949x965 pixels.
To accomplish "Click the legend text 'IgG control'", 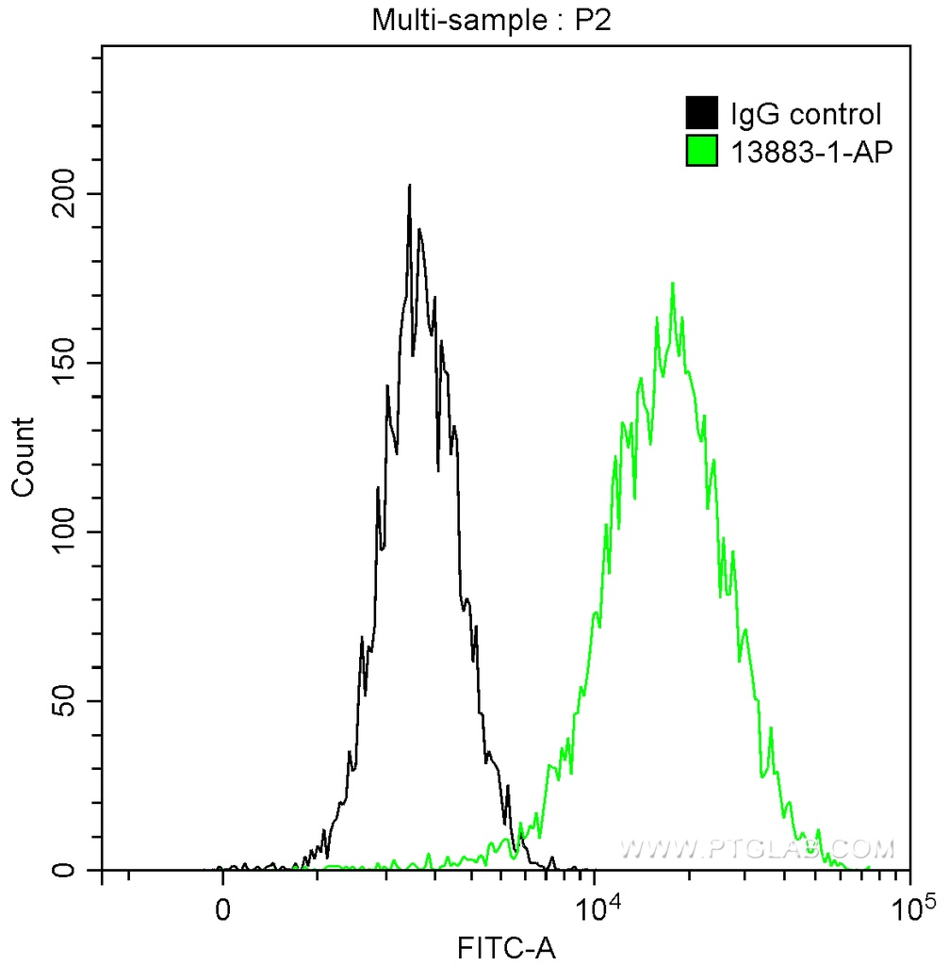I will [806, 114].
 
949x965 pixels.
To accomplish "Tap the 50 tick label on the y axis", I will [71, 701].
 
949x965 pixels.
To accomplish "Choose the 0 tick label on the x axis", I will [222, 912].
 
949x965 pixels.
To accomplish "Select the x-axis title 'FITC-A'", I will [507, 947].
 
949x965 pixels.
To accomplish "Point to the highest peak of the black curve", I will [409, 187].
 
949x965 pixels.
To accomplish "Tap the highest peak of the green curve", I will [672, 284].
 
